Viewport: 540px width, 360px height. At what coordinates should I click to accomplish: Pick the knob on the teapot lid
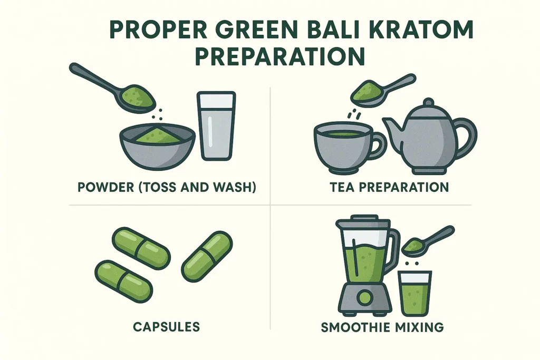(428, 101)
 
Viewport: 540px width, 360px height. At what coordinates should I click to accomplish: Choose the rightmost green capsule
(207, 256)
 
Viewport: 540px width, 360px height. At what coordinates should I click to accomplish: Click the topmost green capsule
(141, 249)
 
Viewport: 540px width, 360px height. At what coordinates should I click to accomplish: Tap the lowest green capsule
(123, 280)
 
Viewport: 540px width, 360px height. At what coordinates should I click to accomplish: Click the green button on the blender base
(364, 298)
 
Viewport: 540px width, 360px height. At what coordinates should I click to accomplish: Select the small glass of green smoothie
(415, 294)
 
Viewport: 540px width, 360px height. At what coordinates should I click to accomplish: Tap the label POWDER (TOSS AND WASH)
(166, 187)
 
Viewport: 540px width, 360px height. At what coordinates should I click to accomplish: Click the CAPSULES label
(166, 327)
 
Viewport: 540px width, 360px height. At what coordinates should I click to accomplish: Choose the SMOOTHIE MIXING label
(382, 327)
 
